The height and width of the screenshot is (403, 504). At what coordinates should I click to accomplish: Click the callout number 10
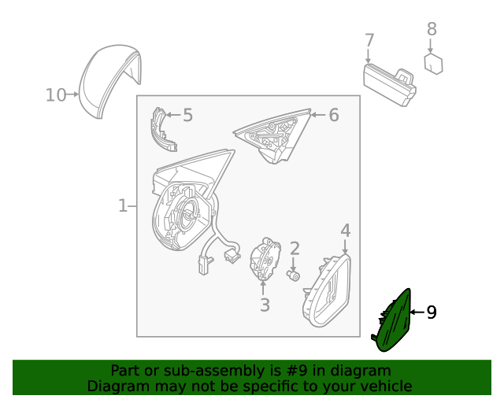point(56,95)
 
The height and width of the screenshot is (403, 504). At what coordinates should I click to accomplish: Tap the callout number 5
point(187,115)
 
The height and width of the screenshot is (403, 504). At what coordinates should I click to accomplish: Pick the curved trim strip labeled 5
point(162,129)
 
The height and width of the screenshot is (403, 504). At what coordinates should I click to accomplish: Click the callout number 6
point(334,115)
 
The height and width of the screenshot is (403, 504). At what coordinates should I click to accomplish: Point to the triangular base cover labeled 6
point(273,135)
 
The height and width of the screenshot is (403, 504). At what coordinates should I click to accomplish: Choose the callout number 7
point(369,40)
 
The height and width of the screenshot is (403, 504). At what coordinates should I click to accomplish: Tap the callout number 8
point(432,29)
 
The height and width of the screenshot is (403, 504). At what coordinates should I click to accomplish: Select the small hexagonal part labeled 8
point(433,64)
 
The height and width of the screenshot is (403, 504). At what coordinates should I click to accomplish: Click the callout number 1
point(123,205)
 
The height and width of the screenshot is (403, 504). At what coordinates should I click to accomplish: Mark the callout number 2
point(295,249)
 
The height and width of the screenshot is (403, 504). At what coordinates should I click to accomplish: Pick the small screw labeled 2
point(293,275)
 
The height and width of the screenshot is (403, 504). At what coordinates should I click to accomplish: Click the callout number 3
point(265,305)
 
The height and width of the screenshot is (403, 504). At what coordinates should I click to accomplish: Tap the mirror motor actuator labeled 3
point(265,259)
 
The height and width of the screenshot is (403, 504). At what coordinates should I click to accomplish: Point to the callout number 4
point(345,231)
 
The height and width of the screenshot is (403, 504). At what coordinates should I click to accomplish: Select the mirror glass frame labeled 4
point(327,291)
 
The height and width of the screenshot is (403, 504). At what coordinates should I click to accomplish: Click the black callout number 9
point(432,312)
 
